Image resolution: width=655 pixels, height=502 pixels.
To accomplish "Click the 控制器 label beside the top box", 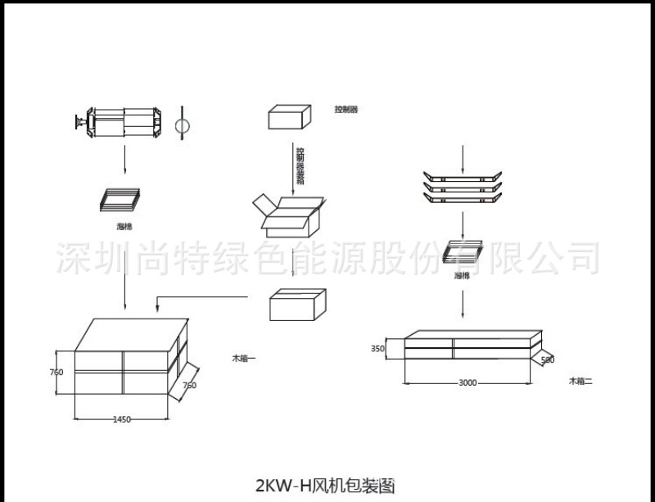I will click(x=346, y=109).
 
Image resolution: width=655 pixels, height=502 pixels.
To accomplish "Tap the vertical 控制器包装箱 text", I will click(x=300, y=165).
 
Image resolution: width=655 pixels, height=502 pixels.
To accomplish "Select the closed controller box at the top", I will click(x=291, y=117).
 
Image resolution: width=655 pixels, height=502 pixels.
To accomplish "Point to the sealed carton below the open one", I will click(x=297, y=306).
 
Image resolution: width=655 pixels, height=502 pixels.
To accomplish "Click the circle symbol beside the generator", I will click(x=184, y=125).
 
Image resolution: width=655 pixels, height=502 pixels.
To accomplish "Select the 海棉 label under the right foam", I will click(x=462, y=276).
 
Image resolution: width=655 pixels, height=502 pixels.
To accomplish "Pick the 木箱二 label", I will click(x=581, y=382).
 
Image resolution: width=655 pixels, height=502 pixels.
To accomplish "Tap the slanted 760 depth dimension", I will click(x=189, y=385).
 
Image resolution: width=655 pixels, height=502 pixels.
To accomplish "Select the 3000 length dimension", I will click(x=468, y=382).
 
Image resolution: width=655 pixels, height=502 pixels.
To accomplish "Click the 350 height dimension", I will click(x=377, y=348).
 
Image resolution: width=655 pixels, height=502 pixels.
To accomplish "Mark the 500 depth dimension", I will click(x=547, y=360).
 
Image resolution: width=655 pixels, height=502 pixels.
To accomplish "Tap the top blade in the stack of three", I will click(x=463, y=175).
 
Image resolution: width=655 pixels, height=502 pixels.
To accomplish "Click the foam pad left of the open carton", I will click(x=120, y=199).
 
